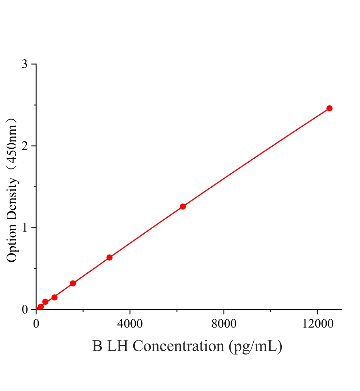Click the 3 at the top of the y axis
[x=24, y=64]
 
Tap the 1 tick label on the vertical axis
[x=25, y=228]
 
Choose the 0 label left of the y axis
[x=24, y=310]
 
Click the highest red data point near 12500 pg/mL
[x=329, y=109]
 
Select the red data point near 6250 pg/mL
[x=183, y=206]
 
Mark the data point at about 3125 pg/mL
[x=110, y=257]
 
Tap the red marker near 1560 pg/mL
[x=73, y=283]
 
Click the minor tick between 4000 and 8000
[x=177, y=311]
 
